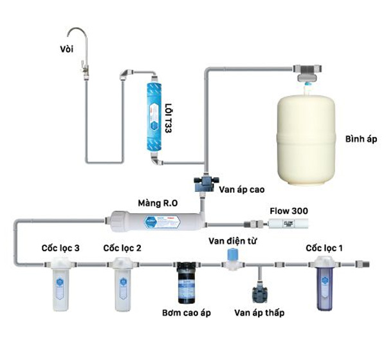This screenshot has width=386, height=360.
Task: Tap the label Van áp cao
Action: tap(241, 190)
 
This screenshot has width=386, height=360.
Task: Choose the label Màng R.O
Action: tap(156, 201)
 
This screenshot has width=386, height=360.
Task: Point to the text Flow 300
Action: tap(286, 210)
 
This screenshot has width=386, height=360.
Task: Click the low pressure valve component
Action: tap(260, 292)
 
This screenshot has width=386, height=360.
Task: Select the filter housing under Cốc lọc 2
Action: tap(120, 283)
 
